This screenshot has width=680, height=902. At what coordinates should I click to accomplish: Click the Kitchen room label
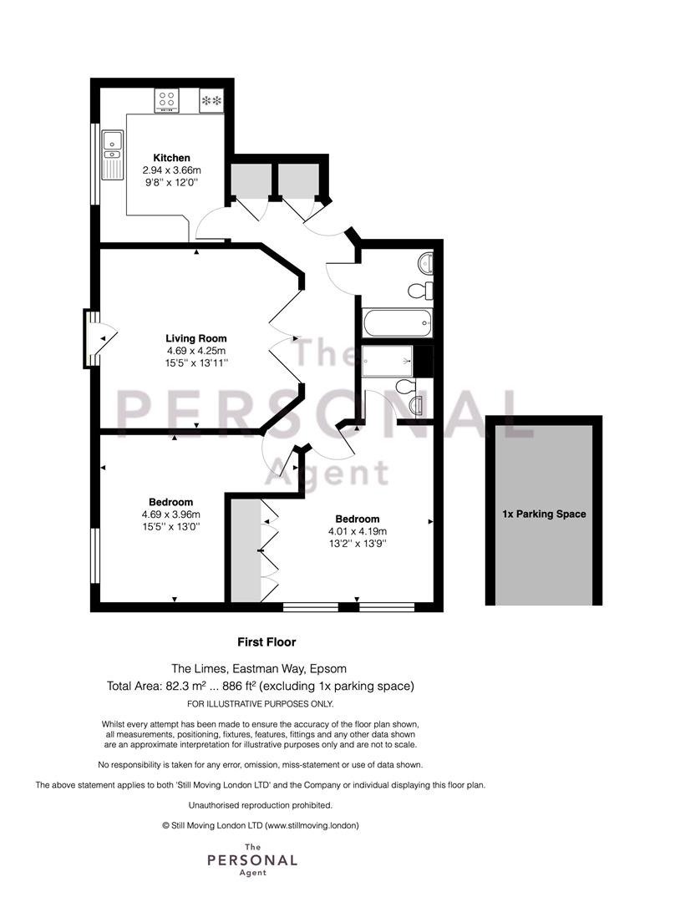(171, 158)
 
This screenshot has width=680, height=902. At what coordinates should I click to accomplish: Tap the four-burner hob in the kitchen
(167, 101)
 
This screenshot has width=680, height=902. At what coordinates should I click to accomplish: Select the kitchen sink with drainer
(112, 155)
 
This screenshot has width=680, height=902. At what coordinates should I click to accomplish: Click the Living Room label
(196, 338)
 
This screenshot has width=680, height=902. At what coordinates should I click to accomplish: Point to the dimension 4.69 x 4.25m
(196, 350)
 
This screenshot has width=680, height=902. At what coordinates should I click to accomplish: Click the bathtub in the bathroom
(397, 323)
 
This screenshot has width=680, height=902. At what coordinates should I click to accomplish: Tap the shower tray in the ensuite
(388, 361)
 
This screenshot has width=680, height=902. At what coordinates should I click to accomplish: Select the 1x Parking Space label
(544, 514)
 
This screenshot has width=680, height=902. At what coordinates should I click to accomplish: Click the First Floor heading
(266, 642)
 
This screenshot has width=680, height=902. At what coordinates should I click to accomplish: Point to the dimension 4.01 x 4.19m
(358, 531)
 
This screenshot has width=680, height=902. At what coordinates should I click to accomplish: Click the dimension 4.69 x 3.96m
(171, 514)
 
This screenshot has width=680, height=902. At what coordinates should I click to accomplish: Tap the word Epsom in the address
(328, 669)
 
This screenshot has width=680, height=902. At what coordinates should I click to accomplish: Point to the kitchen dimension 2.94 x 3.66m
(171, 170)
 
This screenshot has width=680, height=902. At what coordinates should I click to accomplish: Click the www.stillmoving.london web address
(312, 825)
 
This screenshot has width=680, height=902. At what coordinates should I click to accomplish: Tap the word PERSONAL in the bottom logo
(252, 860)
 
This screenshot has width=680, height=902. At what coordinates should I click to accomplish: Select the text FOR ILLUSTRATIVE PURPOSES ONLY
(261, 704)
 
